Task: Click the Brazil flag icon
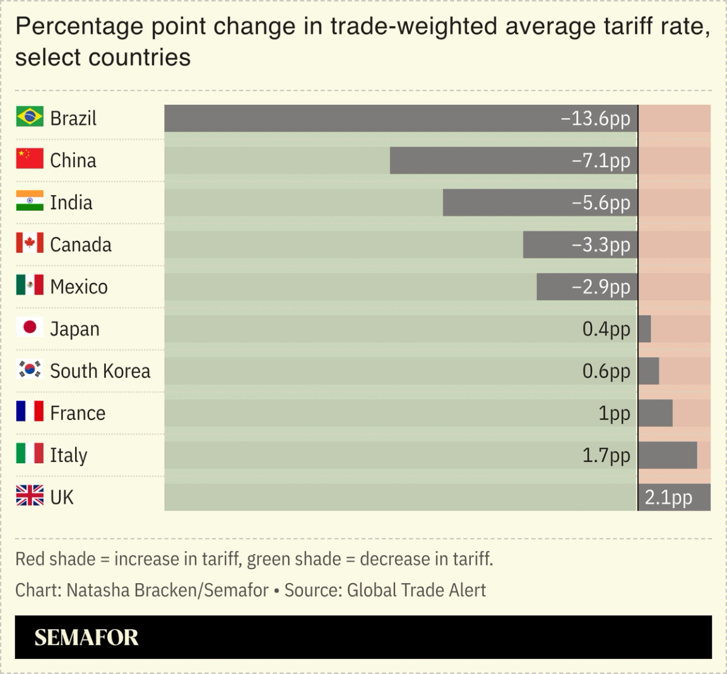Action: [30, 117]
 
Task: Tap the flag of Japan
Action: [30, 328]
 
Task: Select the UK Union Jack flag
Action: [30, 496]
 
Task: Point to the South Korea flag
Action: [30, 369]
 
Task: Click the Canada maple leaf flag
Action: [30, 244]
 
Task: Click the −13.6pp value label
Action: [595, 119]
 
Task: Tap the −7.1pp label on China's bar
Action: [601, 160]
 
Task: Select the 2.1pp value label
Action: [668, 498]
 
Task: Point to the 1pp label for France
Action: [614, 413]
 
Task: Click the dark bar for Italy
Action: [667, 455]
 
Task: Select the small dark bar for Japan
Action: [644, 329]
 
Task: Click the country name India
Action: [71, 203]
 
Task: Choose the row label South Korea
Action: [100, 371]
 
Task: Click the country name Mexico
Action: [79, 287]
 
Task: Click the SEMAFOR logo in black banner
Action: [86, 637]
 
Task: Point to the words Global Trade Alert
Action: [417, 590]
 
